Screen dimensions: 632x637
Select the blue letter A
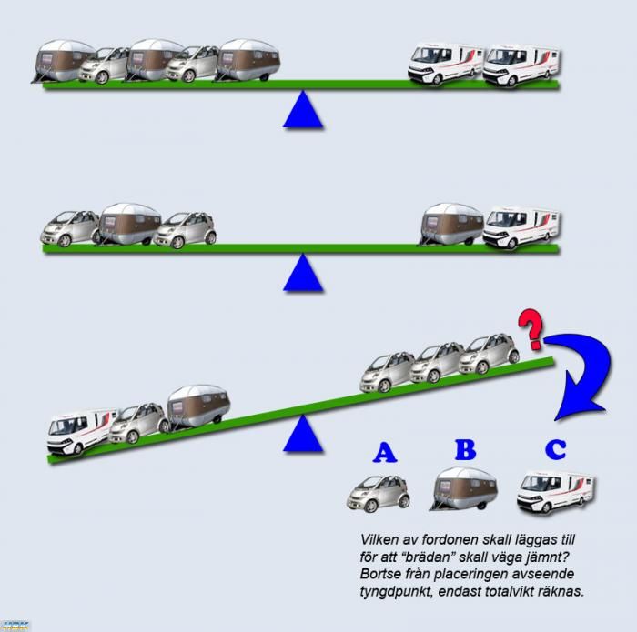click(385, 452)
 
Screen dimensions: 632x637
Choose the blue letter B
click(465, 450)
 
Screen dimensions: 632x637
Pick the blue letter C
click(554, 450)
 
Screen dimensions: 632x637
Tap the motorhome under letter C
click(554, 490)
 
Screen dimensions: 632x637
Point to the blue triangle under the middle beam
click(303, 274)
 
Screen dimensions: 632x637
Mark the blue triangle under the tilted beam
click(303, 435)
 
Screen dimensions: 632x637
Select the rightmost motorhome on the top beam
click(521, 65)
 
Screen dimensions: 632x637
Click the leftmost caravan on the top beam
click(64, 62)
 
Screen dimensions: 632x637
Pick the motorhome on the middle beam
click(521, 227)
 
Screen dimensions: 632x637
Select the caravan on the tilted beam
click(198, 405)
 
